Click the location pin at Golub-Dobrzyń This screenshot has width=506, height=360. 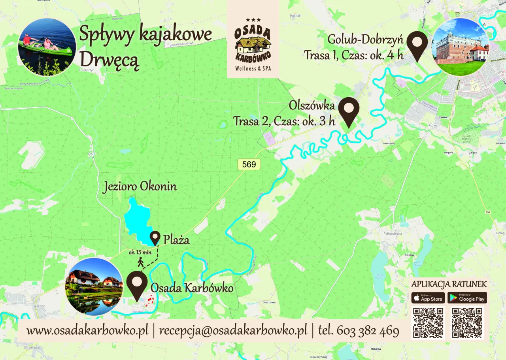tap(417, 45)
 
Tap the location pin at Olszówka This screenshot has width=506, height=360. tap(349, 111)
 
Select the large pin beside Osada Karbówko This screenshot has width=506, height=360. tap(137, 285)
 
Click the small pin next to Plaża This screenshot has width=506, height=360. tap(155, 238)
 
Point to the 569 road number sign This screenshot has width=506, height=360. tap(249, 164)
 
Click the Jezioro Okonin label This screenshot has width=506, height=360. tap(140, 187)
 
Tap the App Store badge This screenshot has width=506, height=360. tap(428, 298)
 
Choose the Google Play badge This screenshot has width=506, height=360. tap(467, 298)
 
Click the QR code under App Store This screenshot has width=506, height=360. tap(428, 322)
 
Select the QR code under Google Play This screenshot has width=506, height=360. tap(467, 322)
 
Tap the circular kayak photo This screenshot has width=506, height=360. tap(47, 47)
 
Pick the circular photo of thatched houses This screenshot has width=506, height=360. tap(94, 286)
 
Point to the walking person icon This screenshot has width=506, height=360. tap(140, 262)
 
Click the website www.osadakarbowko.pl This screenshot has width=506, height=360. tap(87, 330)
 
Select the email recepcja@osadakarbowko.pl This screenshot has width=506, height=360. tap(233, 330)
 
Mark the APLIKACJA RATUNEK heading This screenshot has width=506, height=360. tap(449, 284)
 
